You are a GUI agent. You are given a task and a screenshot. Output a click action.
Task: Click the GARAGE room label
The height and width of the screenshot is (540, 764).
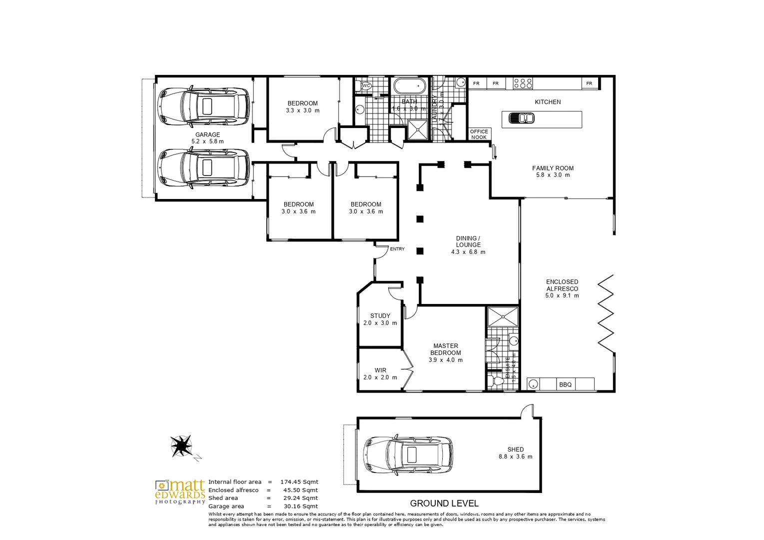coord(207,134)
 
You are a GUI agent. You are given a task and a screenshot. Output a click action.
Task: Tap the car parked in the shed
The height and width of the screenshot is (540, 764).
coord(409,454)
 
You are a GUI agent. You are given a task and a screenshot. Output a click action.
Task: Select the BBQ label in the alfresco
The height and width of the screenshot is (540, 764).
coord(565,384)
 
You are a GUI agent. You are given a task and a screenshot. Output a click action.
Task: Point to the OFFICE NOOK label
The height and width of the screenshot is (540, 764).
coord(479,134)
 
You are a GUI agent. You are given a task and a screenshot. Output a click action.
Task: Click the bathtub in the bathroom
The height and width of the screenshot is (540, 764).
coord(410,86)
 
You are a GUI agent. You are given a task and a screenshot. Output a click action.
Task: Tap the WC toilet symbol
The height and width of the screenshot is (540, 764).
coord(366,86)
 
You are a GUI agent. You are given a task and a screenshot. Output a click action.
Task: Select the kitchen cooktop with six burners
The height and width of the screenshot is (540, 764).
coord(523,83)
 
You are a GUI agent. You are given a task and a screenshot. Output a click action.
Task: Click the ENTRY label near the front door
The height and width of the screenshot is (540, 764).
coord(397,249)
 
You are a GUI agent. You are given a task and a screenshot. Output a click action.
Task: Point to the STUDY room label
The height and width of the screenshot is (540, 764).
coord(380,315)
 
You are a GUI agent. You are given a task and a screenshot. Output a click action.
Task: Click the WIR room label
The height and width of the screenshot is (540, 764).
coord(380,370)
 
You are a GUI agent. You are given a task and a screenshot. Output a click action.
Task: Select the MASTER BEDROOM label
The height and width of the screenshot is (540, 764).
coord(446,349)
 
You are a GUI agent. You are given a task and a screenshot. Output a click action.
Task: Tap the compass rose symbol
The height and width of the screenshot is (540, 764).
coord(182,445)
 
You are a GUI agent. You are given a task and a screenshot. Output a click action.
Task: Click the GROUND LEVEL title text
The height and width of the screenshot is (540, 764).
coord(444,503)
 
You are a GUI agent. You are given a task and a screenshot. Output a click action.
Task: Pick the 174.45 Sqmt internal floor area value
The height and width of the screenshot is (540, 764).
coord(299,482)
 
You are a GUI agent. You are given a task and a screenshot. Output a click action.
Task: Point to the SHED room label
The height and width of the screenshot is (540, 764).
coord(515,449)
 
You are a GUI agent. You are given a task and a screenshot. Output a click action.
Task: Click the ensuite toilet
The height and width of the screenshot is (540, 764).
coord(497,381)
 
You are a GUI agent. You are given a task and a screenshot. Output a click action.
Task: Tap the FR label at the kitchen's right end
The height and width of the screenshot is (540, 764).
coord(589,83)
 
